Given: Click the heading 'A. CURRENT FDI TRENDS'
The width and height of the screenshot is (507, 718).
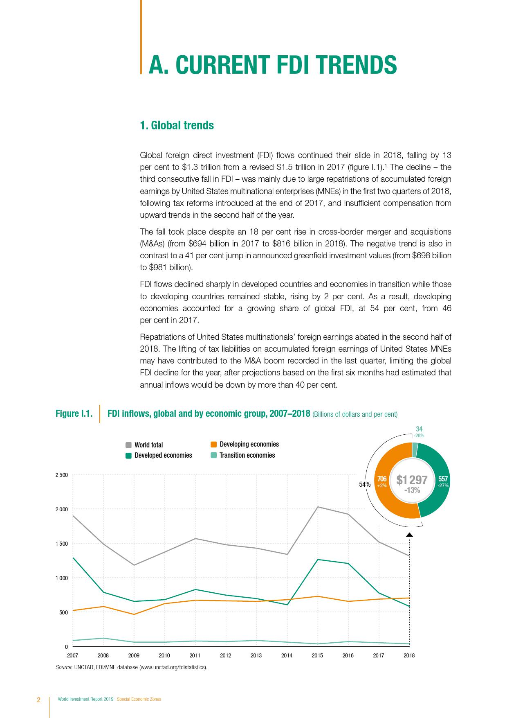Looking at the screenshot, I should (x=272, y=65).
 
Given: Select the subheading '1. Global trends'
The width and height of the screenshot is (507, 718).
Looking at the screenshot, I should (x=177, y=125).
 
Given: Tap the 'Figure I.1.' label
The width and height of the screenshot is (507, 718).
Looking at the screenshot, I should (x=74, y=413).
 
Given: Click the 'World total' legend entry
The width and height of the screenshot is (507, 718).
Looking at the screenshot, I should (x=148, y=445).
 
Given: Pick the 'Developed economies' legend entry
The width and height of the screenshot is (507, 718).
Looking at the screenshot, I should (x=163, y=455).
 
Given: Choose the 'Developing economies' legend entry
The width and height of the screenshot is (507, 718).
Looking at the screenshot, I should (x=249, y=444).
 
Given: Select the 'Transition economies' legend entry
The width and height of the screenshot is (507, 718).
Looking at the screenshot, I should (x=247, y=455).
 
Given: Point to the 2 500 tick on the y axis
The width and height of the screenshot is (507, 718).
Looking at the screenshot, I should (x=62, y=475).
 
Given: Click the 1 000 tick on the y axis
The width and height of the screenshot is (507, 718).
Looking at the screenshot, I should (x=62, y=578).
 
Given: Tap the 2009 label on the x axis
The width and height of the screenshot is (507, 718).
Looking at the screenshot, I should (x=134, y=655).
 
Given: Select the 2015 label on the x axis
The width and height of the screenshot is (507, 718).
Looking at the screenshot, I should (x=317, y=655).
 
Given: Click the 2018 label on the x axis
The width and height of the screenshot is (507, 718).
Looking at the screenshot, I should (x=409, y=655).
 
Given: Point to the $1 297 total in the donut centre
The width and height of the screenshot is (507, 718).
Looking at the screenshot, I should (x=412, y=480).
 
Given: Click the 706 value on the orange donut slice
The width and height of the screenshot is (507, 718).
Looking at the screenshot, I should (x=382, y=479).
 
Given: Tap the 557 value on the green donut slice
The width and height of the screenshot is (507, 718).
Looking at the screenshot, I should (x=443, y=479).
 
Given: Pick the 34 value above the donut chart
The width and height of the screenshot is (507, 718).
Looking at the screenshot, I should (x=419, y=429).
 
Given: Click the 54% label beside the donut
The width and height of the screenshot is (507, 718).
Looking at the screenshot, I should (x=365, y=484).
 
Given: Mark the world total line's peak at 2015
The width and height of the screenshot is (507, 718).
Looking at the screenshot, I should (x=318, y=507).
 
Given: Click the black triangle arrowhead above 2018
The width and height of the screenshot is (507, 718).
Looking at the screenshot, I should (x=409, y=535).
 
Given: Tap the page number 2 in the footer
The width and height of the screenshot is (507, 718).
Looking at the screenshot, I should (x=39, y=700).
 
